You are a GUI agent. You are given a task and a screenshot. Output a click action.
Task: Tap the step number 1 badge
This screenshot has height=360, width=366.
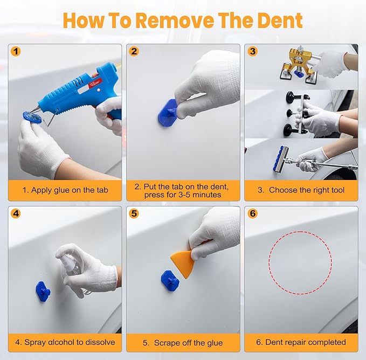16,52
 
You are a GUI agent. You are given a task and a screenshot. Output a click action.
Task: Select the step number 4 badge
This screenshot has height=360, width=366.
16,213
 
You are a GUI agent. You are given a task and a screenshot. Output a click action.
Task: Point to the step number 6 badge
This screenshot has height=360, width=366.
253,213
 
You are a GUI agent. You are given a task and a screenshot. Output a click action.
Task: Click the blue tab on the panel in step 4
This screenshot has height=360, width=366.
43,290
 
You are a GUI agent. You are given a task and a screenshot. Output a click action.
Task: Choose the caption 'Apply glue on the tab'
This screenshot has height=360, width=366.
65,190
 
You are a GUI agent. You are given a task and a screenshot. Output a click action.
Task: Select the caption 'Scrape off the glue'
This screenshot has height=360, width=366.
183,342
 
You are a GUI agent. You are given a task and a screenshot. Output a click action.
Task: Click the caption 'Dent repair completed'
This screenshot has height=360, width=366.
301,342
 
